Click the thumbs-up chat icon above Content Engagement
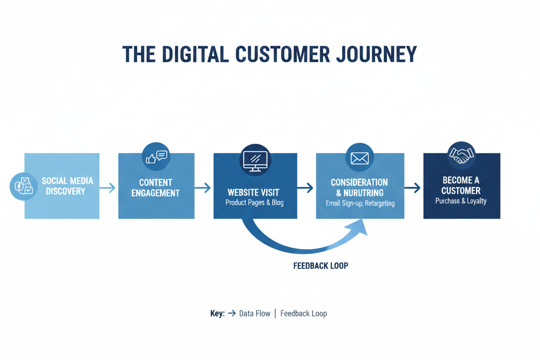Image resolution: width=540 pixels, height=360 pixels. pyautogui.click(x=156, y=157)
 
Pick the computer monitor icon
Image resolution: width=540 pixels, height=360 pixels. pyautogui.click(x=255, y=160)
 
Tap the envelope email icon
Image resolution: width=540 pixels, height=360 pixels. pyautogui.click(x=360, y=158)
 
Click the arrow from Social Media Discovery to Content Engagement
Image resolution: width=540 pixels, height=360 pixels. pyautogui.click(x=108, y=187)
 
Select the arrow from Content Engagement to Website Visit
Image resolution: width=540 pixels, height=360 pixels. pyautogui.click(x=203, y=187)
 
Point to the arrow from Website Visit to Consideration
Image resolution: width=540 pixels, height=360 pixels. pyautogui.click(x=306, y=187)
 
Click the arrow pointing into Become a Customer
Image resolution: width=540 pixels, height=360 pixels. pyautogui.click(x=413, y=187)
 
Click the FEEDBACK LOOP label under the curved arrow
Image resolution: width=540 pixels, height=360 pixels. pyautogui.click(x=321, y=266)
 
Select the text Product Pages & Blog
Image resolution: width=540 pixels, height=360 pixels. pyautogui.click(x=254, y=203)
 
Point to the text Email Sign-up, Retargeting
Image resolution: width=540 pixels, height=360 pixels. pyautogui.click(x=360, y=203)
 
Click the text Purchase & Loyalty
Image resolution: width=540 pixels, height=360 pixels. pyautogui.click(x=461, y=201)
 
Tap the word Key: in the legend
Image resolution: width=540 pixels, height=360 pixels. pyautogui.click(x=217, y=314)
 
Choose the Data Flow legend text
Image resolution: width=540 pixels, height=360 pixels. pyautogui.click(x=255, y=314)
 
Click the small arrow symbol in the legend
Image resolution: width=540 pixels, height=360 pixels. pyautogui.click(x=232, y=314)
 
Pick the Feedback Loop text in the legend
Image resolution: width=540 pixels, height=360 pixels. pyautogui.click(x=304, y=314)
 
